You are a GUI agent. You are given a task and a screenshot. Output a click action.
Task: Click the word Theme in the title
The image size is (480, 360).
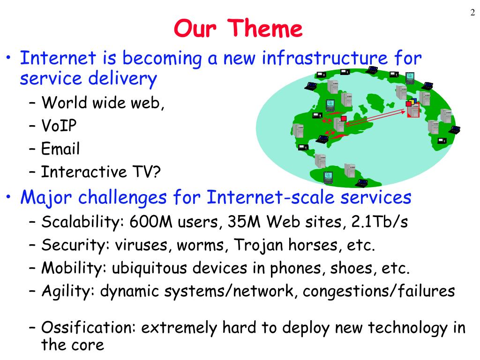coord(265,28)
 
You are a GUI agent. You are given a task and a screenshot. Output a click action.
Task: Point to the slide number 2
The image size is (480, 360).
coord(472,12)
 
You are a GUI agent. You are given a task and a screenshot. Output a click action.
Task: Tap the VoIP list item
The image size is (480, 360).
coord(59,125)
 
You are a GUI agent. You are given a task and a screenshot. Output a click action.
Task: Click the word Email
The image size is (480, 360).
coord(60,149)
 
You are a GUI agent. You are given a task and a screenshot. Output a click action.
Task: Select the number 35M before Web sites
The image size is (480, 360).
coord(244,221)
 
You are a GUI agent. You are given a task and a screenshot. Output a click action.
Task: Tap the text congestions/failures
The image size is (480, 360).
coord(379,291)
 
